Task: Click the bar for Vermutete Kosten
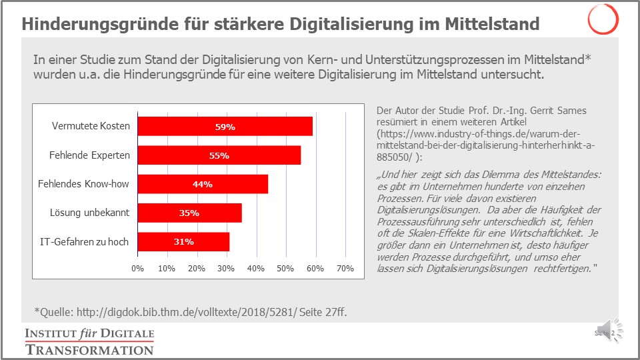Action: [225, 126]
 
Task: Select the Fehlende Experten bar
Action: [219, 155]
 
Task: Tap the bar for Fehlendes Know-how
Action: [203, 184]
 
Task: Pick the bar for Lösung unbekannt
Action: [190, 213]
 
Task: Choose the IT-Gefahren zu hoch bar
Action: [184, 241]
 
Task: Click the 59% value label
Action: [225, 126]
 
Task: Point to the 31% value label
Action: [184, 241]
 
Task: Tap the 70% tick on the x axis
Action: [345, 269]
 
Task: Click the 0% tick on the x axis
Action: [138, 269]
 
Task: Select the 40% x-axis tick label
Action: [256, 269]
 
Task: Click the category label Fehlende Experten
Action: [89, 155]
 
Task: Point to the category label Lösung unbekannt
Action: [89, 213]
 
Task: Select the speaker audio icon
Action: [614, 331]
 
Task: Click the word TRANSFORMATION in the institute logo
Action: [89, 349]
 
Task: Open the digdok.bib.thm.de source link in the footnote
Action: [183, 311]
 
